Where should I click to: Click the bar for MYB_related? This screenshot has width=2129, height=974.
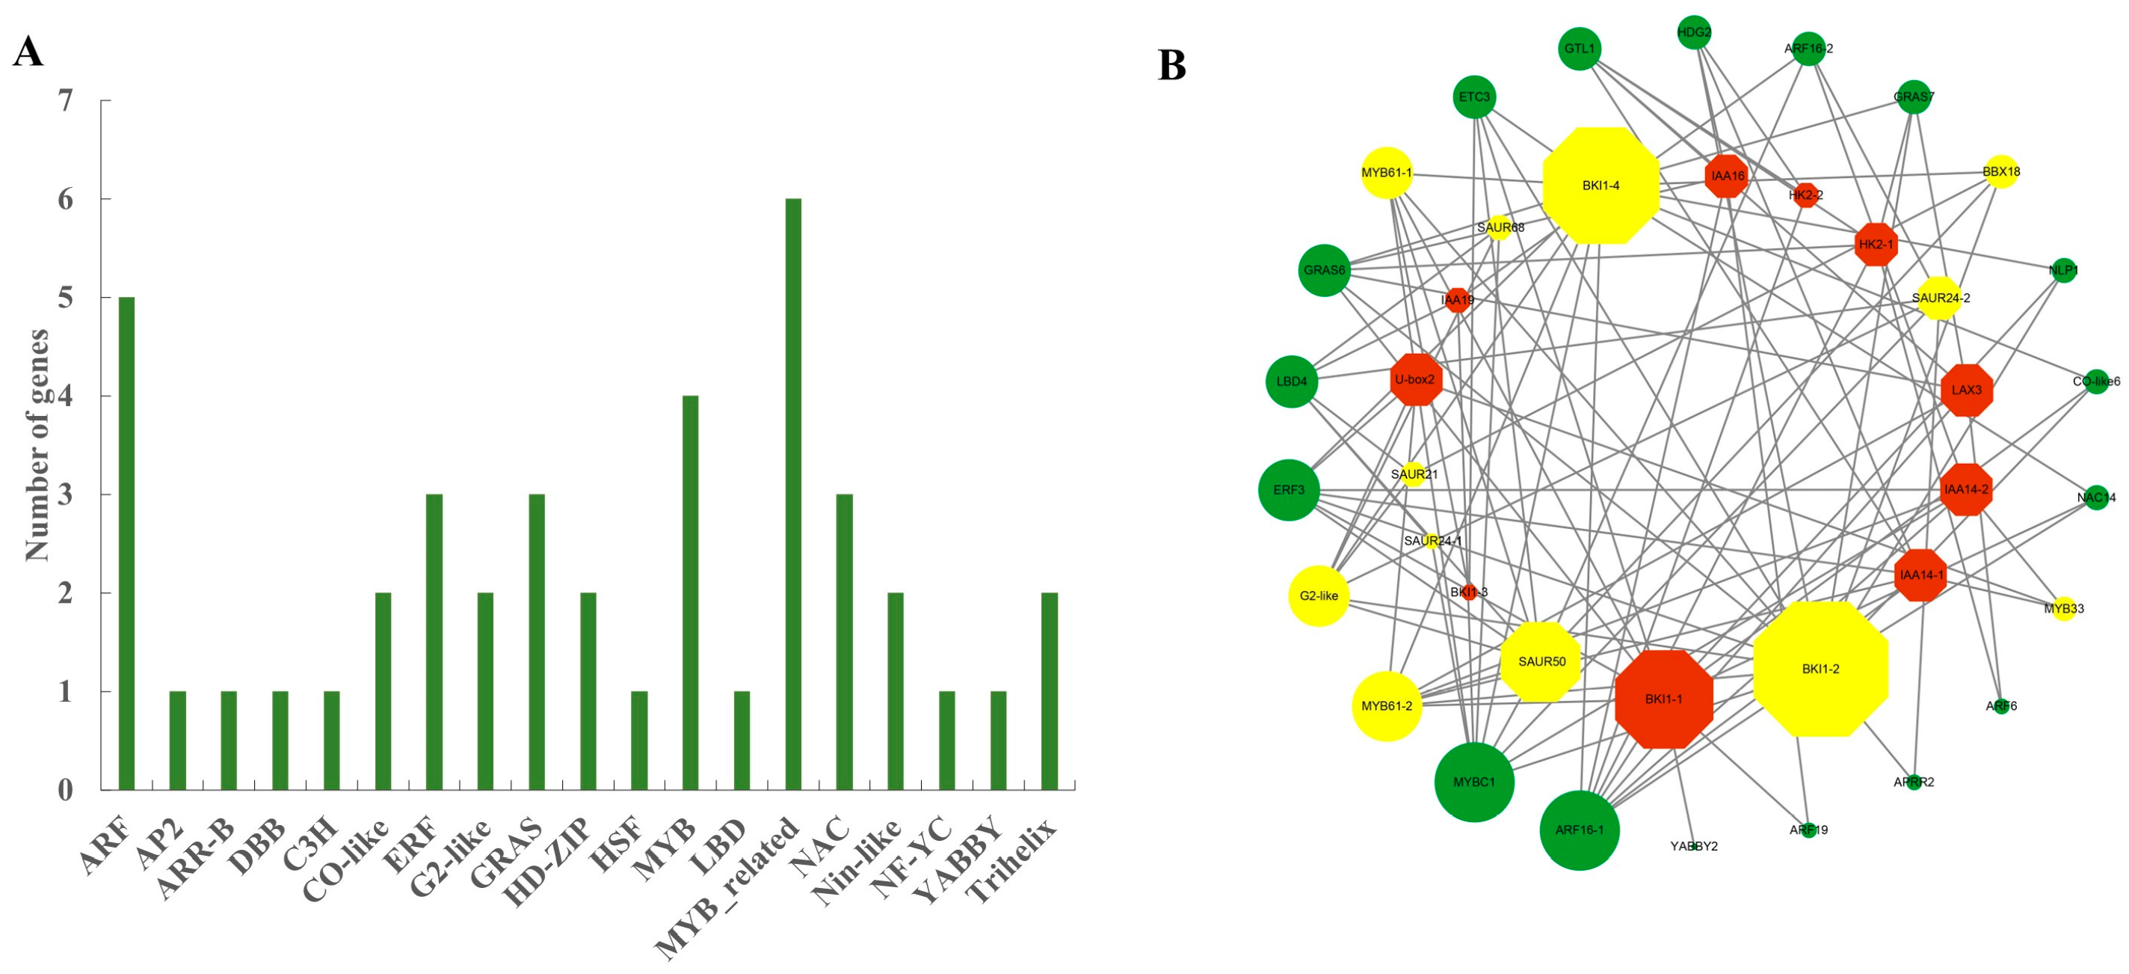(x=792, y=494)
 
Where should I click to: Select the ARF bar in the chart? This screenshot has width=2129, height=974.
(x=126, y=543)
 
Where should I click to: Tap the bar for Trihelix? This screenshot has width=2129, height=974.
(x=1049, y=690)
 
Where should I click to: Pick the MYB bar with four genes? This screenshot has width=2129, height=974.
(x=690, y=592)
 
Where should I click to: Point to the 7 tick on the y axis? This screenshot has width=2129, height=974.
(x=64, y=101)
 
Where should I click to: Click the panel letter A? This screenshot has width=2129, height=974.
(x=28, y=52)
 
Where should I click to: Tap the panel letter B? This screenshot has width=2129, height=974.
(x=1171, y=65)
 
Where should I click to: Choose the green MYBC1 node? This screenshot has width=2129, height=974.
(x=1474, y=781)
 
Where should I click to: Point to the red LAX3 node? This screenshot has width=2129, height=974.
(x=1966, y=390)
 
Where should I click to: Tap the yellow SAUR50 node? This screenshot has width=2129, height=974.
(x=1541, y=661)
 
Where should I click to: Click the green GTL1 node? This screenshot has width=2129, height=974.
(x=1580, y=49)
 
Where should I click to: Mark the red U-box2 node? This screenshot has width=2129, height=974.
(x=1416, y=379)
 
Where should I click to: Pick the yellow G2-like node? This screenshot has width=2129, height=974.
(x=1318, y=595)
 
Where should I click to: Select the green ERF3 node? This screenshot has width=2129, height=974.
(x=1289, y=489)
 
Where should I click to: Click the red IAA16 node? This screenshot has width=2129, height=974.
(x=1728, y=175)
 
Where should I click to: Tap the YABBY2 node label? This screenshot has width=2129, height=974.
(x=1693, y=846)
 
